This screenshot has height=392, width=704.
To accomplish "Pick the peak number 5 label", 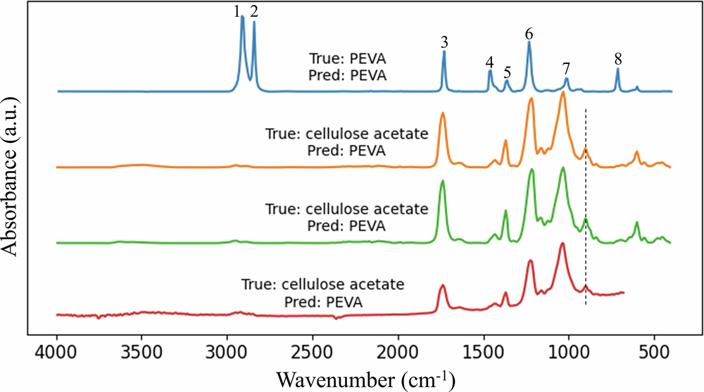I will [507, 72].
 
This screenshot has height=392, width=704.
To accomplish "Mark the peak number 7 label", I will [566, 68].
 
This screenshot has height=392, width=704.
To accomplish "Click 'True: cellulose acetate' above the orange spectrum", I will [346, 133].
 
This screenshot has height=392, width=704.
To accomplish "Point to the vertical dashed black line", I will [586, 211].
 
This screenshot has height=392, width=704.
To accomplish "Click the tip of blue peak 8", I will [617, 68].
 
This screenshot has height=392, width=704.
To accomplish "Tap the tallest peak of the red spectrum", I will [562, 244].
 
